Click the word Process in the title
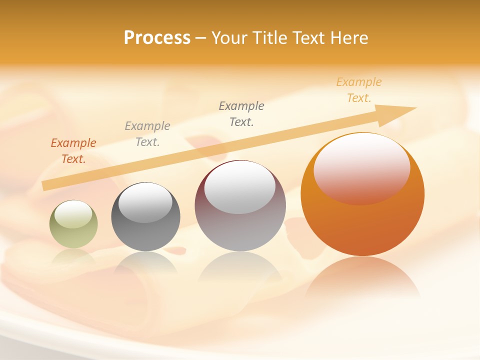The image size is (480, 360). (157, 38)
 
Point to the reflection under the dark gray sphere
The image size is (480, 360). (145, 262)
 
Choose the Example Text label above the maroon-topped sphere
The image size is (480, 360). (241, 113)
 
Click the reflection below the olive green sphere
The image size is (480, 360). (73, 256)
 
